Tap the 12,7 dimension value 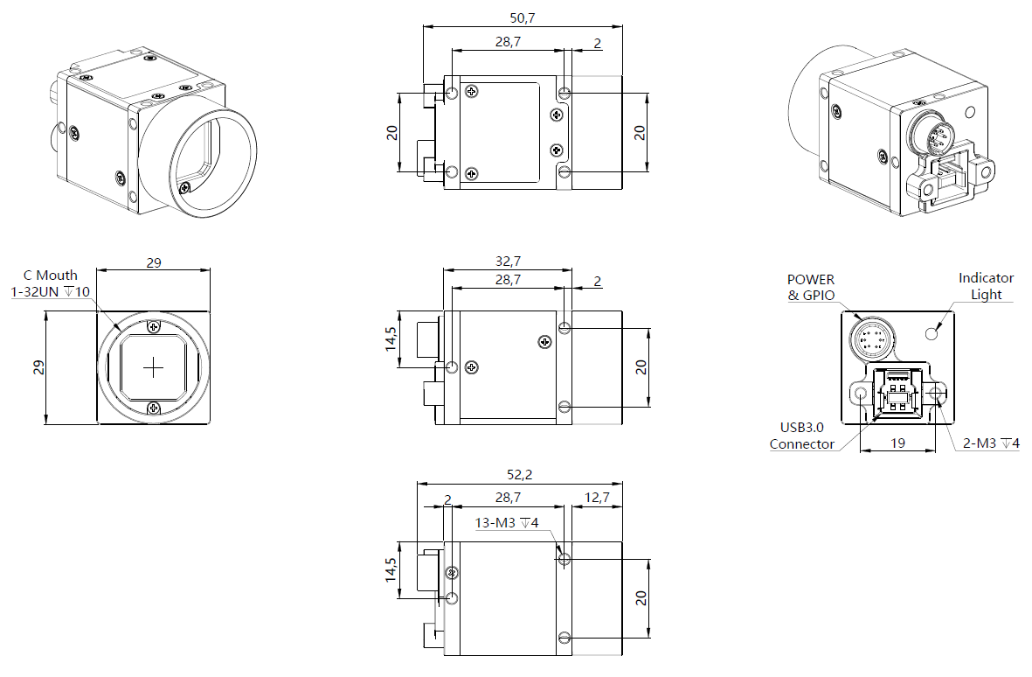597,498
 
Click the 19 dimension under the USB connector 897,443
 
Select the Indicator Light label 986,286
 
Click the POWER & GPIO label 811,288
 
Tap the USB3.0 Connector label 801,436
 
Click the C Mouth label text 56,275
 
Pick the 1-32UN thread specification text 50,291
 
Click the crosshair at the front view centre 154,367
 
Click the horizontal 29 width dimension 153,262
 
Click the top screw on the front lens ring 154,327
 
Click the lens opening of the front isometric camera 199,156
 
